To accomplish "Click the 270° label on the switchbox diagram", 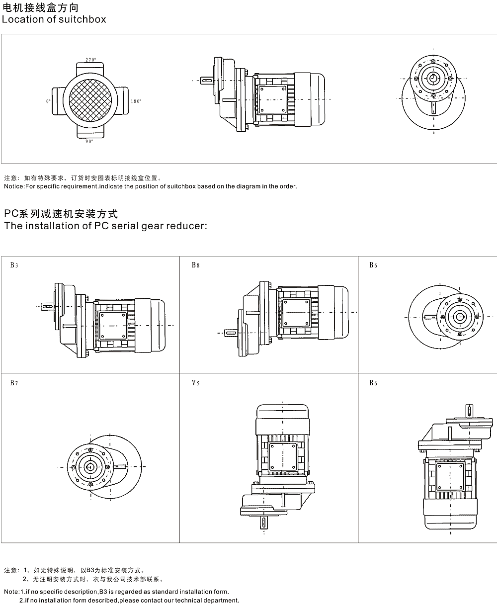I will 90,60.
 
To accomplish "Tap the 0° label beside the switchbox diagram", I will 48,101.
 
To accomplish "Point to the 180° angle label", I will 136,101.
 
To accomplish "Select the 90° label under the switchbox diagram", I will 89,142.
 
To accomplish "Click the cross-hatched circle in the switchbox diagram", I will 90,101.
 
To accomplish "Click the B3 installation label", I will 14,265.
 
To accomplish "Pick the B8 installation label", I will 195,265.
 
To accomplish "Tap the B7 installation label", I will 14,383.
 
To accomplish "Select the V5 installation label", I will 195,383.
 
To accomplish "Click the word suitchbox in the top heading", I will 83,20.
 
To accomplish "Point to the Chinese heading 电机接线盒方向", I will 40,7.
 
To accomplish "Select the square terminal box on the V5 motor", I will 283,457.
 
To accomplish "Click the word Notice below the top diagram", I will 13,186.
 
